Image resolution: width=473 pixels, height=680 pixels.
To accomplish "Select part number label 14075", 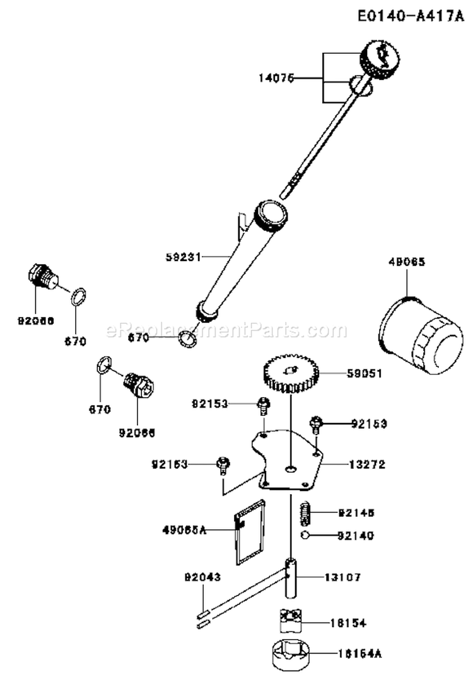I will [276, 78].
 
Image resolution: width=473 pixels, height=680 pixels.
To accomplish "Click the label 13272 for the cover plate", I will [366, 464].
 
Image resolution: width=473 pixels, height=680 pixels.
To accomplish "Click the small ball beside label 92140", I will [304, 536].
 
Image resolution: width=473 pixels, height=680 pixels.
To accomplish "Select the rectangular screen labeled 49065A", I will [250, 530].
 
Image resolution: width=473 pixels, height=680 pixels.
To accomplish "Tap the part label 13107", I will [344, 577].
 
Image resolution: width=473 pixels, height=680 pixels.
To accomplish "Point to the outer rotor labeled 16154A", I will [293, 654].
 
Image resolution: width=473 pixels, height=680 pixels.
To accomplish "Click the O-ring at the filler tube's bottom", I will [187, 340].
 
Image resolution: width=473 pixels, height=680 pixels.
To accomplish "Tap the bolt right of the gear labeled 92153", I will [317, 425].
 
